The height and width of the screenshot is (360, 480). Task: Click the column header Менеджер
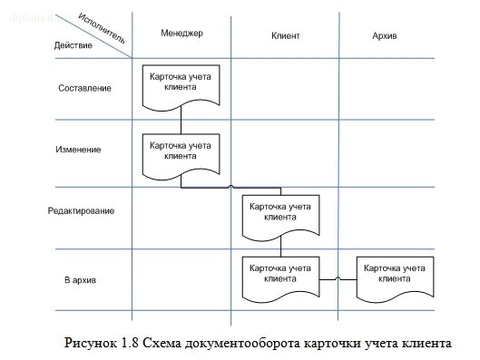click(x=181, y=34)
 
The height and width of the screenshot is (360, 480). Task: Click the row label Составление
click(x=84, y=88)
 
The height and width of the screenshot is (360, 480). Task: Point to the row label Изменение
click(x=79, y=149)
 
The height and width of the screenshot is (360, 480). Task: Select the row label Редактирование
click(x=82, y=211)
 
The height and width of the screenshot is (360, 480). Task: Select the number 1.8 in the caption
click(x=128, y=344)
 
